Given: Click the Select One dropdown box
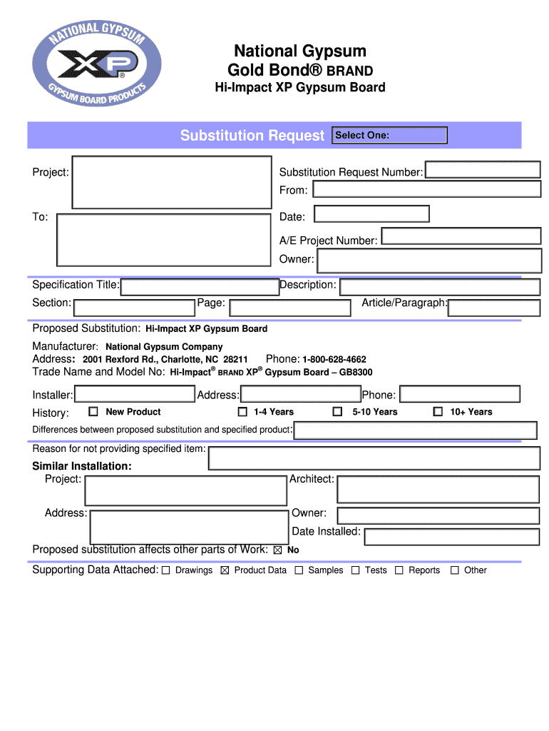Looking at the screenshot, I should point(390,136).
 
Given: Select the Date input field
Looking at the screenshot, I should point(371,214).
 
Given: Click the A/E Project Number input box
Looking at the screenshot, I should point(460,237).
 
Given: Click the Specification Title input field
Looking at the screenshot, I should point(199,287).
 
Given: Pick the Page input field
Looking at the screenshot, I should point(290,308).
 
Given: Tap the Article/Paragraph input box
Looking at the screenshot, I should point(493,308).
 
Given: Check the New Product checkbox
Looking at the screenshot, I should point(93,412).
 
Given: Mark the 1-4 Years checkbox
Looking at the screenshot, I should point(242,412).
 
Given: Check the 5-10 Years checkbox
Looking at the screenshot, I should point(338,412).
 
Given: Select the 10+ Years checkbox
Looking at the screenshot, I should point(438,412).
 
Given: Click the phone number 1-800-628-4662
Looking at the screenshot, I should point(334,360).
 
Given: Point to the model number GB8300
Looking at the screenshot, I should point(356,373).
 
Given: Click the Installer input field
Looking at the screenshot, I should point(135,394).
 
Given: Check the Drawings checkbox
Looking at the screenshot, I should point(165,570).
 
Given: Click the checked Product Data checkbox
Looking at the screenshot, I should point(225,570).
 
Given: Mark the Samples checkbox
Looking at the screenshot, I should point(299,570).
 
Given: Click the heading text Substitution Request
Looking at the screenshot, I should point(252,136).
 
